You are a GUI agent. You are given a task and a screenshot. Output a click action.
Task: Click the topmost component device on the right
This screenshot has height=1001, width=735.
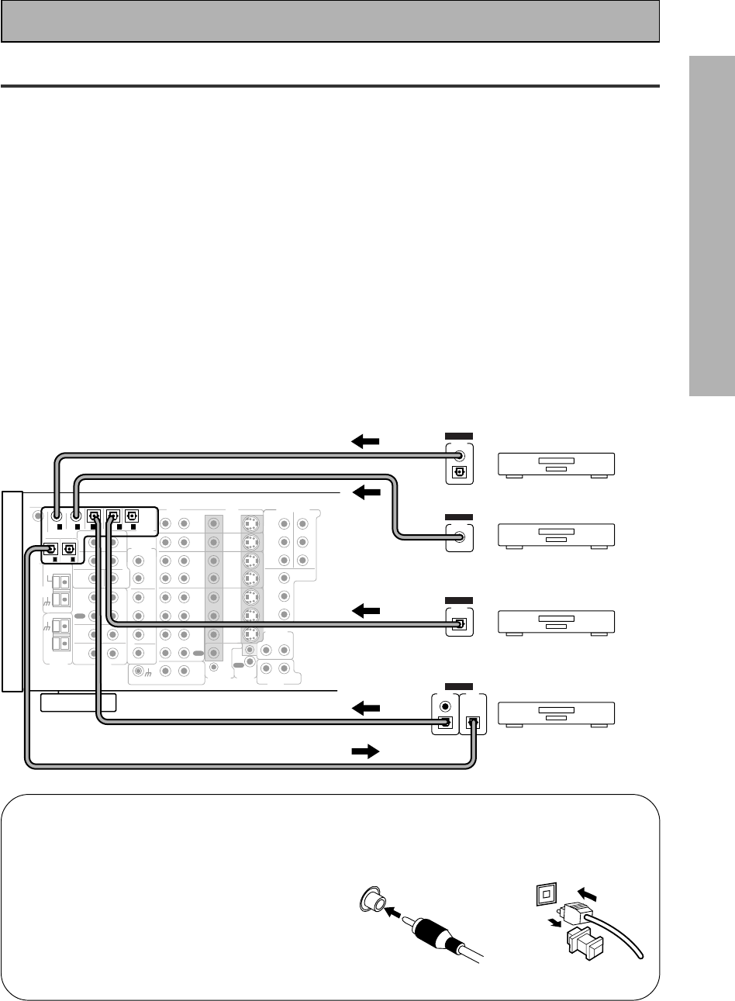(555, 464)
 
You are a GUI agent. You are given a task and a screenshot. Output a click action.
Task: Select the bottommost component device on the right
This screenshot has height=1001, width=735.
(555, 713)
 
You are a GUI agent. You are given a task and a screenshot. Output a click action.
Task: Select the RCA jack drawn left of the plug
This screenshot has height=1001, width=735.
(372, 901)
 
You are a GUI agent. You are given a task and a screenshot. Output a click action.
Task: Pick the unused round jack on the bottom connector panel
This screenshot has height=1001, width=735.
(444, 706)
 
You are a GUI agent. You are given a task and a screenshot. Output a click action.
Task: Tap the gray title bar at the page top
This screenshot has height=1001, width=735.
(330, 21)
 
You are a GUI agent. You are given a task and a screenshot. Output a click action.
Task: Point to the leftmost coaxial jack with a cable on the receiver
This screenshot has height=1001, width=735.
(57, 513)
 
